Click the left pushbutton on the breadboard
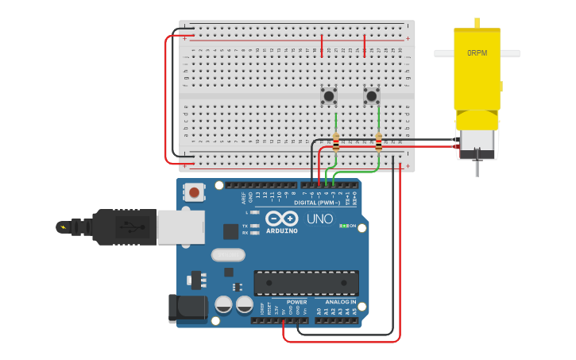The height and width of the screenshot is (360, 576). (329, 96)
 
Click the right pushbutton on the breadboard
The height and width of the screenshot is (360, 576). (372, 96)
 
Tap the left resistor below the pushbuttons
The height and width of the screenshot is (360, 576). (336, 142)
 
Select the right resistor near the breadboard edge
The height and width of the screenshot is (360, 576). (379, 142)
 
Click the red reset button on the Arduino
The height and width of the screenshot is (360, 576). (194, 192)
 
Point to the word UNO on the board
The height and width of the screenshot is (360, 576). (319, 219)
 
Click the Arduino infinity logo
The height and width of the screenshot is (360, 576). (282, 219)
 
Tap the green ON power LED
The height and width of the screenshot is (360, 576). (344, 226)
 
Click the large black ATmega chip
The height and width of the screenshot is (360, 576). (306, 283)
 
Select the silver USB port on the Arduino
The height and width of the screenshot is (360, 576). (180, 226)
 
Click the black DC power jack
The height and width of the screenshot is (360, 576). (187, 308)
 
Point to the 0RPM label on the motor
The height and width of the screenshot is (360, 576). (477, 53)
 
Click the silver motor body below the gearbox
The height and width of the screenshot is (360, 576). (477, 143)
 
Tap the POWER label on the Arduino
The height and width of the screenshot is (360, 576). (296, 302)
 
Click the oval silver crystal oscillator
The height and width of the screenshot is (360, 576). (228, 255)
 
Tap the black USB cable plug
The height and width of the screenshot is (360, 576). (119, 227)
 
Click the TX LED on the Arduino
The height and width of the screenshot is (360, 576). (255, 226)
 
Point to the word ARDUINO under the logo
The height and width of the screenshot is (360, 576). (282, 231)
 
